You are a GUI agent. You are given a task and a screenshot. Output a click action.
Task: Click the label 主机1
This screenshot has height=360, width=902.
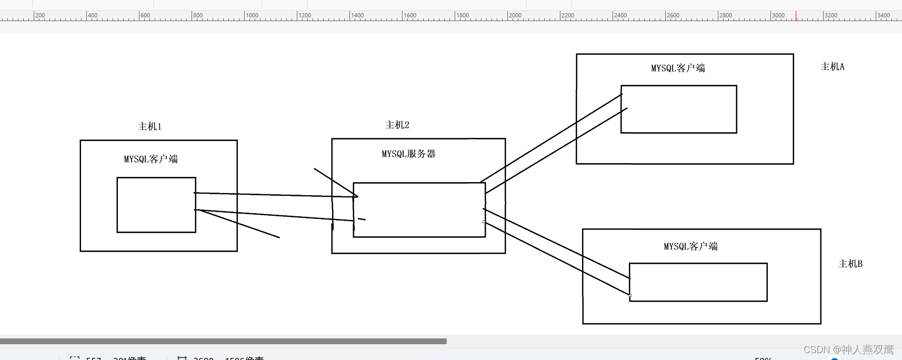click(149, 127)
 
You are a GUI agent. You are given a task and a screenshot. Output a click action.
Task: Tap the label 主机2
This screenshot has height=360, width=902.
click(397, 125)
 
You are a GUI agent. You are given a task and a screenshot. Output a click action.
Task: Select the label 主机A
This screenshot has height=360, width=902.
click(833, 67)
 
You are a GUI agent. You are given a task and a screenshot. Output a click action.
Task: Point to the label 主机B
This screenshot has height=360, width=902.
click(850, 264)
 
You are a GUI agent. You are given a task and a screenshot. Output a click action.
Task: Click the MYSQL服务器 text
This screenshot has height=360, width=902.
click(408, 154)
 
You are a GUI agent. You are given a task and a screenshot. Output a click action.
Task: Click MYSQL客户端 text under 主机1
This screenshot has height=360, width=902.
click(151, 159)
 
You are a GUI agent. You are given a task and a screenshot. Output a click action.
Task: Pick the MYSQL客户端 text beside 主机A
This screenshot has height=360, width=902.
click(678, 68)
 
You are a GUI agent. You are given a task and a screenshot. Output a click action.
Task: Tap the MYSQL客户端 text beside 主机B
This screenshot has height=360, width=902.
click(690, 246)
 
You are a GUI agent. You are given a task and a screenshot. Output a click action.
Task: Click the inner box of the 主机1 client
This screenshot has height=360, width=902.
click(156, 205)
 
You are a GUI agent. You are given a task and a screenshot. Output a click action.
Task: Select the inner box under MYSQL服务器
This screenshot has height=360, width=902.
click(419, 210)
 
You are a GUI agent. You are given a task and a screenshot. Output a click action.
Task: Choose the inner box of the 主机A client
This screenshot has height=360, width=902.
click(679, 109)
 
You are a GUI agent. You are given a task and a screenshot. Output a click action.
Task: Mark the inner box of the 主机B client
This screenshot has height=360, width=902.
click(698, 282)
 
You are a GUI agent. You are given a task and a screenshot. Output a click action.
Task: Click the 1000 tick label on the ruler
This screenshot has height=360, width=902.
click(253, 15)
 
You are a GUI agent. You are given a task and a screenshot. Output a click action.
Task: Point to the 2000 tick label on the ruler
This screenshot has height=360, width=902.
click(516, 15)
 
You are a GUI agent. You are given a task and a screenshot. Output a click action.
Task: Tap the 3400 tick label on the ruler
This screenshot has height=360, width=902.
click(884, 15)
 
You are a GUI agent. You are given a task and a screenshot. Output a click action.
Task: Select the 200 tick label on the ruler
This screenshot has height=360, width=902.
click(41, 15)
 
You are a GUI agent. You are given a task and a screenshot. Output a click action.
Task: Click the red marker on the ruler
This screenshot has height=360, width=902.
click(796, 16)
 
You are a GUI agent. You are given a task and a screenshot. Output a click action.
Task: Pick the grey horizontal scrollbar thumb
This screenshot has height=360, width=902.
click(223, 341)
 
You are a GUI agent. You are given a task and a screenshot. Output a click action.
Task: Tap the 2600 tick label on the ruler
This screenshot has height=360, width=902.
click(674, 15)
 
